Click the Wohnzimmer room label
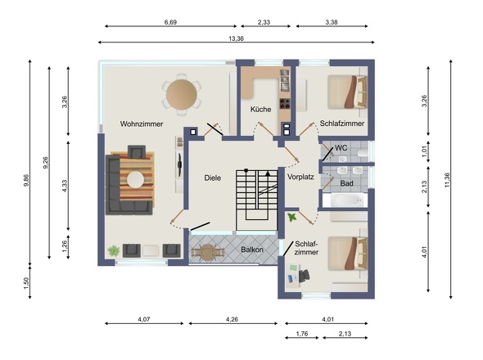pyautogui.click(x=142, y=124)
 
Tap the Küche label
pyautogui.click(x=260, y=110)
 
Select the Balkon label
pyautogui.click(x=252, y=250)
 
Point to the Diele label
pyautogui.click(x=213, y=178)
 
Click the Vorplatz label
pyautogui.click(x=300, y=177)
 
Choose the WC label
pyautogui.click(x=341, y=148)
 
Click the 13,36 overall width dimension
pyautogui.click(x=236, y=38)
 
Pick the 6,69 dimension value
pyautogui.click(x=170, y=22)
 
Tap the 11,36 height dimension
pyautogui.click(x=447, y=180)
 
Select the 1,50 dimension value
pyautogui.click(x=26, y=283)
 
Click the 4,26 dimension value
pyautogui.click(x=232, y=319)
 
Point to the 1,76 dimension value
pyautogui.click(x=302, y=334)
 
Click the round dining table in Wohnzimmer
pyautogui.click(x=182, y=94)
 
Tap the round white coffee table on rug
pyautogui.click(x=136, y=179)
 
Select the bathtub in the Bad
pyautogui.click(x=349, y=200)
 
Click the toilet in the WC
pyautogui.click(x=363, y=153)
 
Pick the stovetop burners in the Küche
pyautogui.click(x=285, y=103)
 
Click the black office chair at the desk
pyautogui.click(x=304, y=275)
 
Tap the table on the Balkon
pyautogui.click(x=207, y=253)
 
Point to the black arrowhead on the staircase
pyautogui.click(x=268, y=173)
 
